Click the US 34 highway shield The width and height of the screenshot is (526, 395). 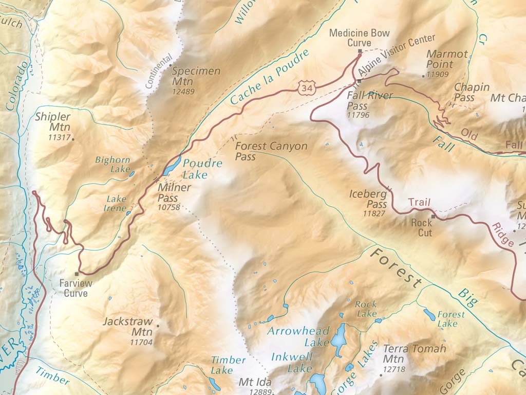pos(307,88)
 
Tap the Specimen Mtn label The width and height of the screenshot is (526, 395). pos(196,76)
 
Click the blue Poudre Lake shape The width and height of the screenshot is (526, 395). pos(172,166)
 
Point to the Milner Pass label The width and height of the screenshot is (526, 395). pos(174,192)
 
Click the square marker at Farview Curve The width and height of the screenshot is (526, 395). pos(77,274)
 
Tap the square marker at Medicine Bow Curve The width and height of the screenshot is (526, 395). pos(360,51)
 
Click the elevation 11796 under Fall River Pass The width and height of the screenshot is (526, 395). pos(358,115)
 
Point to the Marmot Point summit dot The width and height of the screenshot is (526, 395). pos(424,76)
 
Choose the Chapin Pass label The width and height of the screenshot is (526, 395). pos(472,93)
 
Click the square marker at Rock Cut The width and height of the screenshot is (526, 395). pos(433,217)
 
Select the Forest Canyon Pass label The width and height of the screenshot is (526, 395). pos(271,151)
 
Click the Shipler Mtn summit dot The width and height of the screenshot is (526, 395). pos(72,139)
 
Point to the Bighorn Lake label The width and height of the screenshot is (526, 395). pos(112,165)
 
